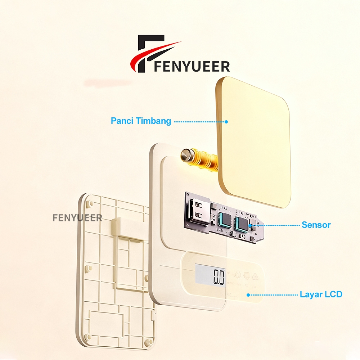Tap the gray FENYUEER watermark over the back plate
pos(77,218)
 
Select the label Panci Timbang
pos(141,121)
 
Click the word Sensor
pos(316,225)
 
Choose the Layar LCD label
pos(321,294)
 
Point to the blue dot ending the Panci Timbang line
pos(226,122)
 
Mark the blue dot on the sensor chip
pos(249,225)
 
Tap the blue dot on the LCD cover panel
pos(248,295)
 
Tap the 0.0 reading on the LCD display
pos(219,277)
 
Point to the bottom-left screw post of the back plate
pos(88,337)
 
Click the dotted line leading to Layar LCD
pos(274,295)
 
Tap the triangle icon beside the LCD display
pos(255,276)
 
